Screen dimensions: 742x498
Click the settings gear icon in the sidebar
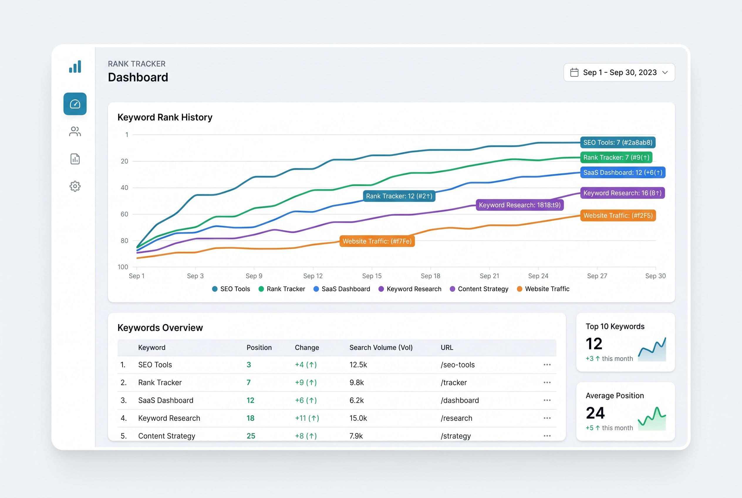75,186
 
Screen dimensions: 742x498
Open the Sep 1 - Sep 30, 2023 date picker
619,73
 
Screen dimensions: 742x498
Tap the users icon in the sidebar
75,132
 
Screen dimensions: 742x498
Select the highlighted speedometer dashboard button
75,104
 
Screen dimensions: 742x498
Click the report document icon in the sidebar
75,159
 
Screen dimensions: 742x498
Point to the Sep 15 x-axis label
372,276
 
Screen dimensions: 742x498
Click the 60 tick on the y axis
124,214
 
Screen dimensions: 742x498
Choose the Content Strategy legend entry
479,289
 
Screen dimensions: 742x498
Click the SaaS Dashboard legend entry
342,289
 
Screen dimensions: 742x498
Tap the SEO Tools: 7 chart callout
618,143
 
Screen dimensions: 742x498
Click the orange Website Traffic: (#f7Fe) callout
377,241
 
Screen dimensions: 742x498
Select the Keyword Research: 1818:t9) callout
520,205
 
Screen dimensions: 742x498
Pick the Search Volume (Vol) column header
381,347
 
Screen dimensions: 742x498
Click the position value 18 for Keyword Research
250,418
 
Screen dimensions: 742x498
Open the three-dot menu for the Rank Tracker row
547,382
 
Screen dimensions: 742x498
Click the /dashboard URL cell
460,401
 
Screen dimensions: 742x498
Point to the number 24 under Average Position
595,413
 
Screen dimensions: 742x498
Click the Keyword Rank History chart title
165,117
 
